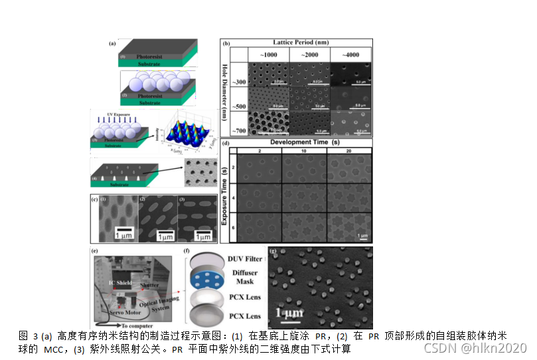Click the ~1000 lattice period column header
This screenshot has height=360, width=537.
pyautogui.click(x=269, y=54)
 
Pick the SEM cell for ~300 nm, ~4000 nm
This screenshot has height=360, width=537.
pyautogui.click(x=350, y=74)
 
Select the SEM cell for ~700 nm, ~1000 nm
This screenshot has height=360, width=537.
pyautogui.click(x=268, y=122)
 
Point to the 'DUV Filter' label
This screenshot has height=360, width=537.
pyautogui.click(x=244, y=258)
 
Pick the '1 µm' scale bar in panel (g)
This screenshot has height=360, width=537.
pyautogui.click(x=289, y=312)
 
